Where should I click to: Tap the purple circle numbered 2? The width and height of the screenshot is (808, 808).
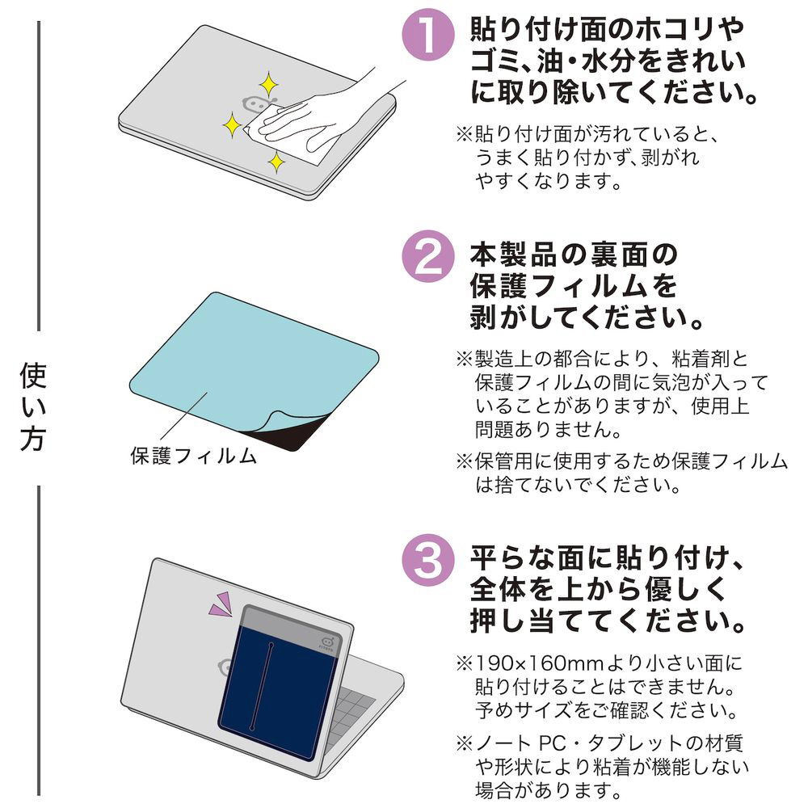coord(428,257)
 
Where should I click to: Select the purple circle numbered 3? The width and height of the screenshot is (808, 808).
coord(428,560)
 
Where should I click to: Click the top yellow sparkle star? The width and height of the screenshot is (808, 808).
coord(268,84)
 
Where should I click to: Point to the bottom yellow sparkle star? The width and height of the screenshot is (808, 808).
coord(276,162)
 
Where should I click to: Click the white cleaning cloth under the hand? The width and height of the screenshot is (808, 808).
coord(288,137)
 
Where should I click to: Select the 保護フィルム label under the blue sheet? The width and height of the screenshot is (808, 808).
coord(193,456)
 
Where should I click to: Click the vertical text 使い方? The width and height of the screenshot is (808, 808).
coord(33,407)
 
